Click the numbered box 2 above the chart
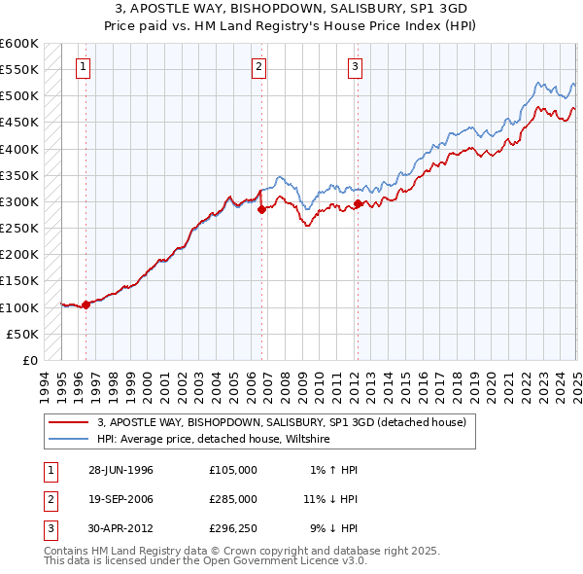(x=259, y=67)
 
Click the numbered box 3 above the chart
(x=355, y=67)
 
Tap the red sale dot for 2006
(x=261, y=209)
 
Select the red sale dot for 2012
(x=358, y=203)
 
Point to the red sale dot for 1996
(x=86, y=305)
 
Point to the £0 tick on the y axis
(x=29, y=360)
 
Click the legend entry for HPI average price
(x=214, y=440)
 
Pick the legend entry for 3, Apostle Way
(x=282, y=423)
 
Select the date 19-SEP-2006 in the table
(x=121, y=499)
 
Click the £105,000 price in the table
(x=233, y=470)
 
